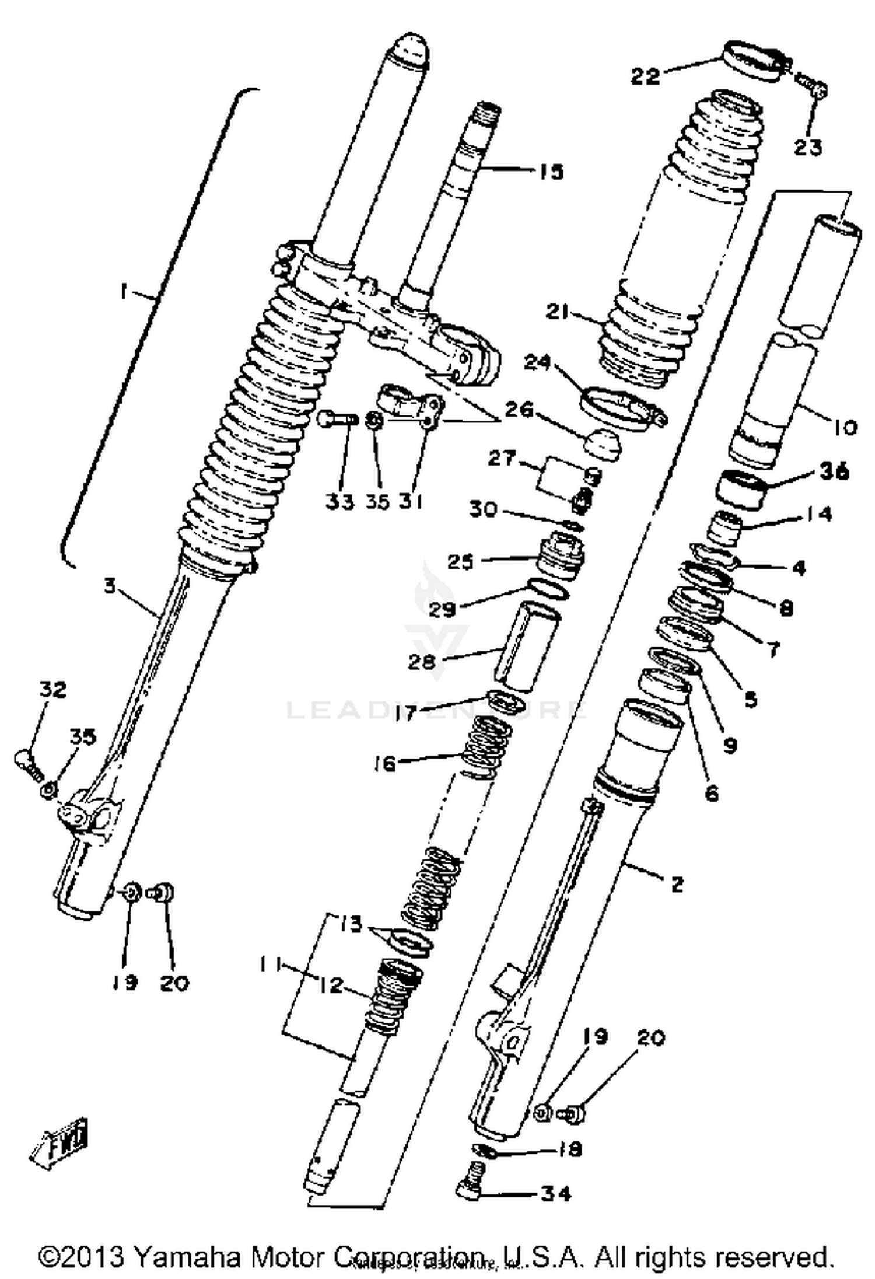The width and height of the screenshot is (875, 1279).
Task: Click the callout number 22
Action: point(645,75)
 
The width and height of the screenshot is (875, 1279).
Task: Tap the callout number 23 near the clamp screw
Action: point(807,147)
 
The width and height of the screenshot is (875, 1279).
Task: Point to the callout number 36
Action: point(834,471)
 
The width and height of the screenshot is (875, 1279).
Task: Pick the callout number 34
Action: point(555,1193)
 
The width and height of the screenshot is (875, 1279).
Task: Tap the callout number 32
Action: point(53,690)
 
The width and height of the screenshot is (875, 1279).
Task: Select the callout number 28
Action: point(422,662)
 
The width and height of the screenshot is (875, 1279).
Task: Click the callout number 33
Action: point(339,502)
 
